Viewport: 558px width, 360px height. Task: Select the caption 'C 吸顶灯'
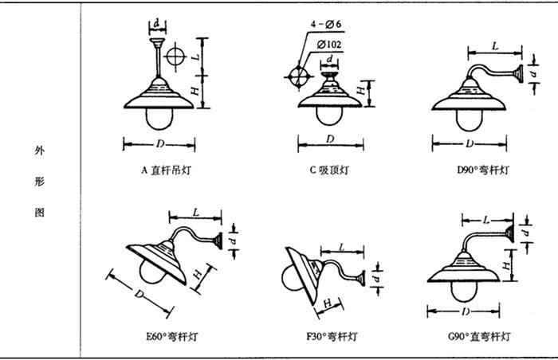pos(330,170)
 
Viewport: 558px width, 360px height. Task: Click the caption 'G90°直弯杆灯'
pos(479,337)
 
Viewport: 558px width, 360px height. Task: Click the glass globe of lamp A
pos(159,117)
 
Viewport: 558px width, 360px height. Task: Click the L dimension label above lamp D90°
pos(496,46)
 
